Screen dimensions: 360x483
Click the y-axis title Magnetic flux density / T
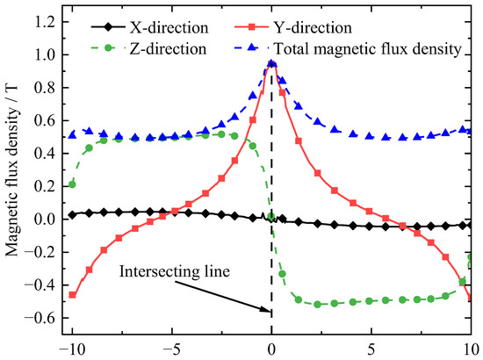13,176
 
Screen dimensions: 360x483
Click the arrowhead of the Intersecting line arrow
267,310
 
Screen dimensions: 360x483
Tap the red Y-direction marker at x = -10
72,295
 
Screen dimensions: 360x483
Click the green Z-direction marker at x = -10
72,184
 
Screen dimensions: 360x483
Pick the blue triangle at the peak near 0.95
272,63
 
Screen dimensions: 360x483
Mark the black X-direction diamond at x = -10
72,214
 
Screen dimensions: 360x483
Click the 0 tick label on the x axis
272,348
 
